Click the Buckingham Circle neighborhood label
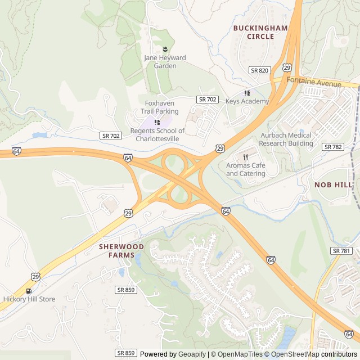[260, 32]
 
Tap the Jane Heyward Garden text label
[165, 62]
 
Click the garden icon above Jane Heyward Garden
[165, 49]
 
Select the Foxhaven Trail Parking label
[160, 107]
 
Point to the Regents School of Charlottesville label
[157, 134]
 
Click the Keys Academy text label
[247, 102]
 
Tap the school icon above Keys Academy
[247, 93]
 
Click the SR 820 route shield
[260, 70]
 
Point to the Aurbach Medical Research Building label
[287, 139]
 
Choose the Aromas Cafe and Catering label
[246, 169]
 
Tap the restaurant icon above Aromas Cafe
[246, 156]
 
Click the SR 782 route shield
[332, 146]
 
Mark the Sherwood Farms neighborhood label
[121, 250]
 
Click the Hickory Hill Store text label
[29, 299]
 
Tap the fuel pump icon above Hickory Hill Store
[29, 291]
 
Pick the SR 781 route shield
[341, 251]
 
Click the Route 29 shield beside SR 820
[287, 67]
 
